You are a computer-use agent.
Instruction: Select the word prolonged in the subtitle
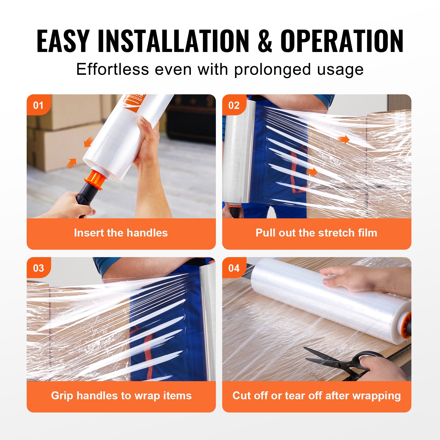click(x=272, y=70)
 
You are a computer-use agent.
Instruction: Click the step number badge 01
click(x=38, y=105)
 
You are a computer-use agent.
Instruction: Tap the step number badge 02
click(x=234, y=105)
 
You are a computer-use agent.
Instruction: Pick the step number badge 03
click(x=38, y=268)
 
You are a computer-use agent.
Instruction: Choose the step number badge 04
click(x=234, y=268)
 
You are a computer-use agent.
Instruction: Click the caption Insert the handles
click(x=121, y=233)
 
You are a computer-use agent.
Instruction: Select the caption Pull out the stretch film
click(x=316, y=233)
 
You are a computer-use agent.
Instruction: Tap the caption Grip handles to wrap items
click(x=121, y=396)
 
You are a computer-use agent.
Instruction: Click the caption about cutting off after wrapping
click(x=317, y=396)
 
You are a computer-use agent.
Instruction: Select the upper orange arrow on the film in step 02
click(x=343, y=139)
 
